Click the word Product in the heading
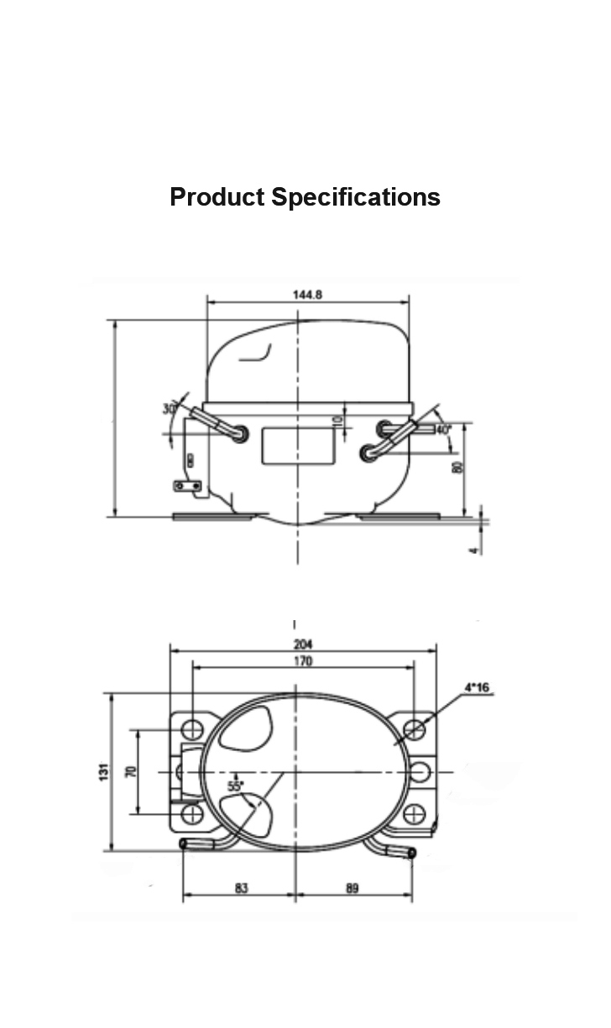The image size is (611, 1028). pyautogui.click(x=217, y=197)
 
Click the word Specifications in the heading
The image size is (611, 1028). pyautogui.click(x=356, y=197)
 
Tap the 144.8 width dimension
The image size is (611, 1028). pyautogui.click(x=307, y=295)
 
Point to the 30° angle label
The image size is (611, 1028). pyautogui.click(x=170, y=409)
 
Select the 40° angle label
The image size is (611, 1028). pyautogui.click(x=443, y=430)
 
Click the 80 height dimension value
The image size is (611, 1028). pyautogui.click(x=457, y=467)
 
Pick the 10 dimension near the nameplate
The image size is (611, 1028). pyautogui.click(x=337, y=420)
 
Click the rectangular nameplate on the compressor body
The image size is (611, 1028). pyautogui.click(x=297, y=446)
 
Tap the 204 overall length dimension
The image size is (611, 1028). pyautogui.click(x=303, y=644)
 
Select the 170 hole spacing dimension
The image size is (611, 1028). pyautogui.click(x=303, y=661)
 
